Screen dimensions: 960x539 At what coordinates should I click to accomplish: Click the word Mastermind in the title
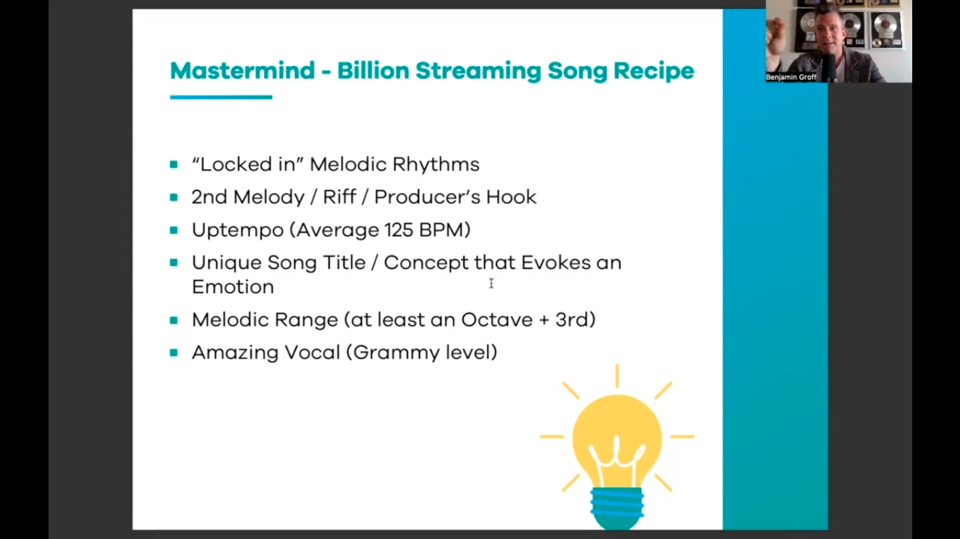[242, 71]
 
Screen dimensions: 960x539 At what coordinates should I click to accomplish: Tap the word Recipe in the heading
[654, 72]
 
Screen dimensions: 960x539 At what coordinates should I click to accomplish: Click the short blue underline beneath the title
[221, 97]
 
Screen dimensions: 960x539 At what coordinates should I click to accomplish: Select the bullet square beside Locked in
[174, 164]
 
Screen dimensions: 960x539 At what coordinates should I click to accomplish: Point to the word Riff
[339, 197]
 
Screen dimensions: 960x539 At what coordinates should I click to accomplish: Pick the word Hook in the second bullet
[511, 197]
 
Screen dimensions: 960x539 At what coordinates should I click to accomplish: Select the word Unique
[226, 263]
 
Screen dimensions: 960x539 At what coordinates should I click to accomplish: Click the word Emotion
[233, 287]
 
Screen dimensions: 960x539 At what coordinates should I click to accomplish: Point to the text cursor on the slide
[491, 284]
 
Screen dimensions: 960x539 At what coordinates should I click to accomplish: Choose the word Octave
[497, 320]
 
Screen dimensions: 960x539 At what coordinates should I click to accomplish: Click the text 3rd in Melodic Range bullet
[572, 320]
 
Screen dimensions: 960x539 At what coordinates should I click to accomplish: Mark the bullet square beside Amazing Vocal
[174, 353]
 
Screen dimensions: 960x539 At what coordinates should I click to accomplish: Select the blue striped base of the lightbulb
[617, 508]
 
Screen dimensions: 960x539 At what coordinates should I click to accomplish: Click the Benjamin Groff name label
[791, 77]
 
